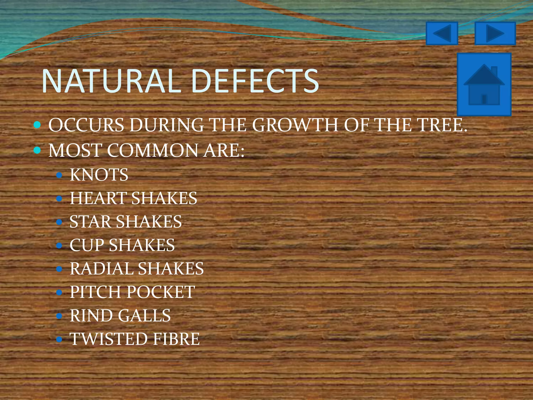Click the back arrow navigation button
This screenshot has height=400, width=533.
(442, 33)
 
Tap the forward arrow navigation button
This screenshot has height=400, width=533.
(495, 33)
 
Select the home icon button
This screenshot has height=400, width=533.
(484, 84)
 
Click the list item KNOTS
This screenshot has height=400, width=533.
(99, 175)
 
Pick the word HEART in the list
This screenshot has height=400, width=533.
(98, 198)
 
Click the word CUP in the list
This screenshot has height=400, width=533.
(87, 245)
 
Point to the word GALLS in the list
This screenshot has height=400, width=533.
(144, 316)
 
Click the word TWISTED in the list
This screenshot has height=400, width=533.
(109, 339)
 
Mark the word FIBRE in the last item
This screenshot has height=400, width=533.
(176, 339)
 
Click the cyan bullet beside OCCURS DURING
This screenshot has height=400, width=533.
(37, 125)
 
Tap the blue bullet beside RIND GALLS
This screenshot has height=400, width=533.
(59, 316)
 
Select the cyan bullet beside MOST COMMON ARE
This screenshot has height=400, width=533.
(37, 150)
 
